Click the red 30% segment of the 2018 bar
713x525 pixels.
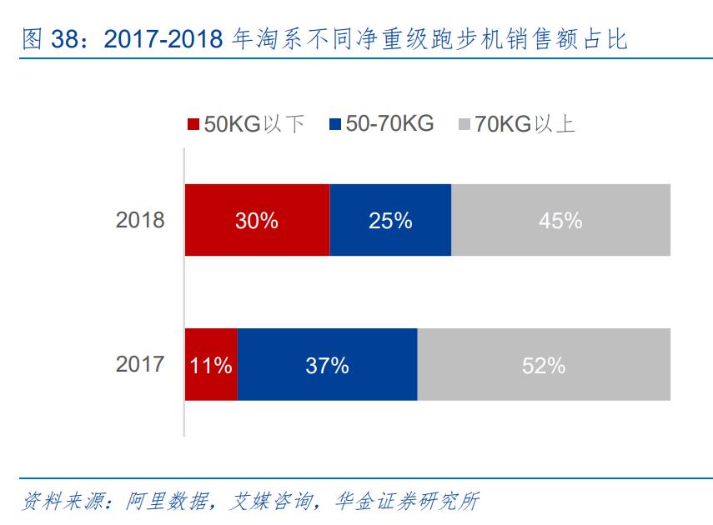[257, 220]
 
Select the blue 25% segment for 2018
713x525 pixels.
[390, 220]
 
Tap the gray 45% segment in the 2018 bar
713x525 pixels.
[560, 220]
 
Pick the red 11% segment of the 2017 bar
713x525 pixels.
[211, 365]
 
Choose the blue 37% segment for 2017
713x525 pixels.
[327, 365]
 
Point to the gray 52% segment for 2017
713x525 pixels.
[544, 365]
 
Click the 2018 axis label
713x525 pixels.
[140, 221]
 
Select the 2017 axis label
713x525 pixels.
[140, 365]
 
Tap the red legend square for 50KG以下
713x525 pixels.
[193, 125]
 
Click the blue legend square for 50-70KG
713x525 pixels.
[335, 125]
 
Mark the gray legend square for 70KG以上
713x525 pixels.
[464, 125]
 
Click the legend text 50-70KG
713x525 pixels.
[389, 124]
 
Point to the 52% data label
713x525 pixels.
[544, 365]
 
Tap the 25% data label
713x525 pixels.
[390, 220]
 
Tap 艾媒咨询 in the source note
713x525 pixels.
[270, 502]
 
